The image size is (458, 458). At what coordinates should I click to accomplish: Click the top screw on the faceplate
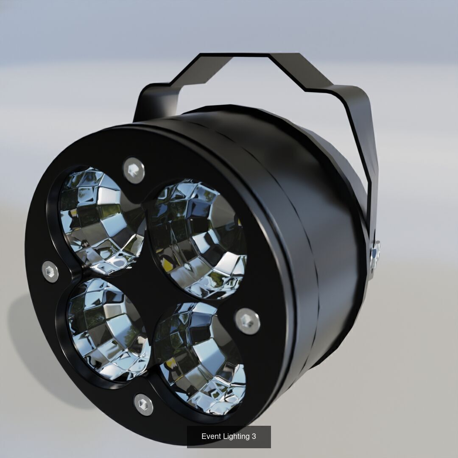click(x=134, y=170)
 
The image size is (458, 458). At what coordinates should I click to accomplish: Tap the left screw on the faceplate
click(x=50, y=271)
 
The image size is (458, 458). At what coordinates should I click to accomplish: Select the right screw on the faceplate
click(x=248, y=321)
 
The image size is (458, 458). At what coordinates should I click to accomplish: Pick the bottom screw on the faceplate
click(x=143, y=404)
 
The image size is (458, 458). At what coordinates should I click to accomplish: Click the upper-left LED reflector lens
click(x=100, y=218)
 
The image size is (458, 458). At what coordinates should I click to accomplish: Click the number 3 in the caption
click(x=254, y=436)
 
